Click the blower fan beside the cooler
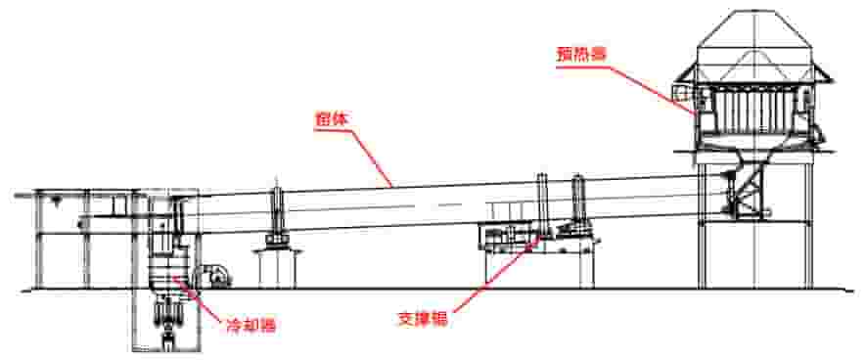tap(213, 274)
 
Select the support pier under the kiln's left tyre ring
tap(275, 266)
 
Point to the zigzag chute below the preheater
tap(748, 191)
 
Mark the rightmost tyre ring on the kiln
tap(578, 201)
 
